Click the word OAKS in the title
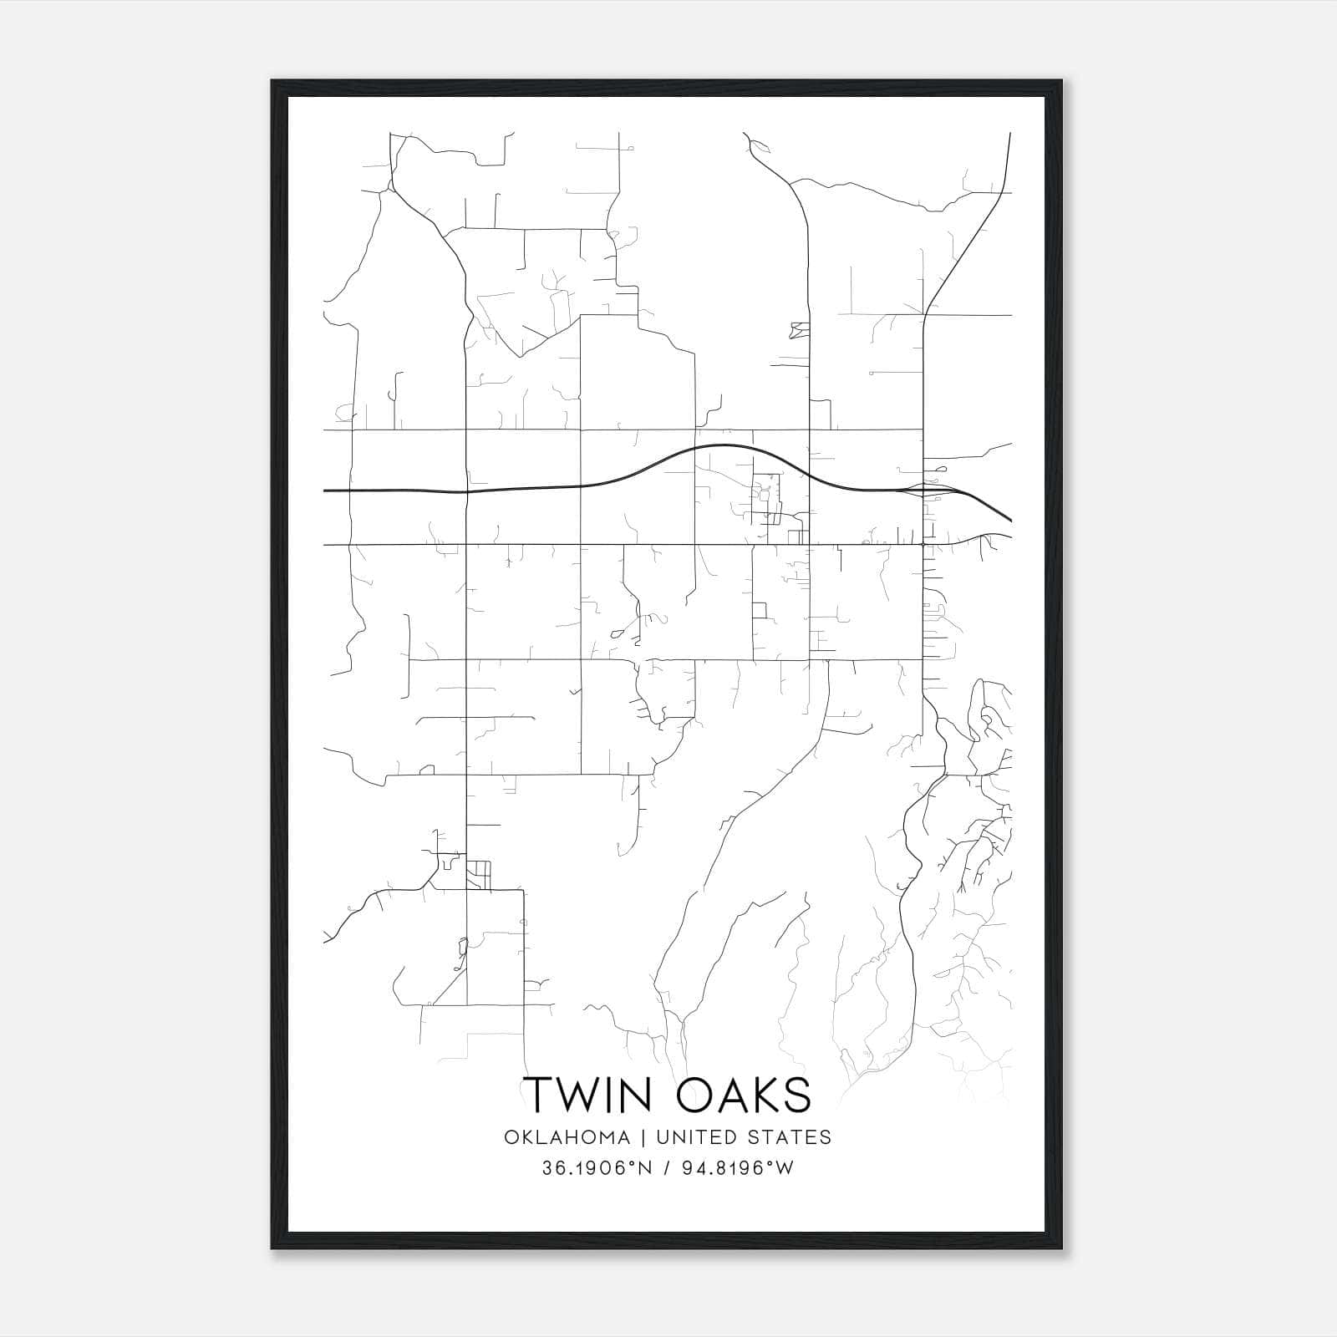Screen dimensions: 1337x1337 point(744,1094)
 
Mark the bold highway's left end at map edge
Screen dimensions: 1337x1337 point(325,491)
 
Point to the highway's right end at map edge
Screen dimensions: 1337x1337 point(1010,520)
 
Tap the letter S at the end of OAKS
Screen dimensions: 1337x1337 point(796,1094)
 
